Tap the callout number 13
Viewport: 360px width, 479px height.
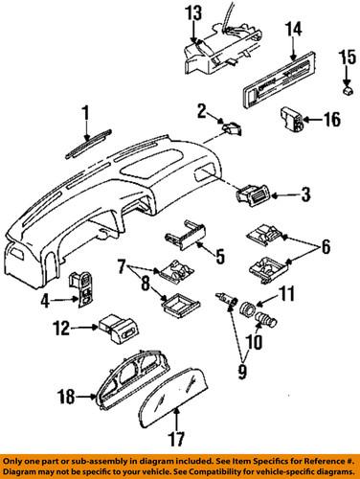pyautogui.click(x=193, y=14)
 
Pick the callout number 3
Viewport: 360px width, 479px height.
pyautogui.click(x=305, y=196)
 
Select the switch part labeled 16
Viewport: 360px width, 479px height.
pyautogui.click(x=293, y=121)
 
